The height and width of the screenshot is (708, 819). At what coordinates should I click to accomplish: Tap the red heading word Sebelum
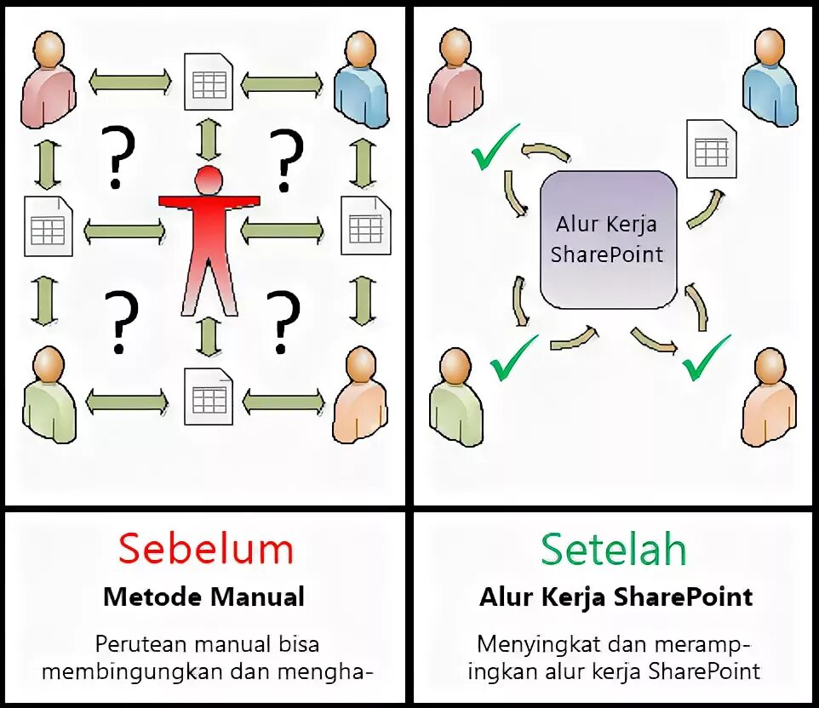coord(205,549)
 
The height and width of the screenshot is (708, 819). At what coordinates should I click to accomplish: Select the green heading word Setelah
coord(613,550)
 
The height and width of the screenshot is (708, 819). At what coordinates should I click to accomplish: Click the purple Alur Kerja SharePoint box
coord(609,239)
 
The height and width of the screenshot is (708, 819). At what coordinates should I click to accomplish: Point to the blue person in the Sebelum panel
coord(361,83)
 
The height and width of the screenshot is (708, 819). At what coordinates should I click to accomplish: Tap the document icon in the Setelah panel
coord(711,149)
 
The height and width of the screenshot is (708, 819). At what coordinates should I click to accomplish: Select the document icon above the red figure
coord(209,83)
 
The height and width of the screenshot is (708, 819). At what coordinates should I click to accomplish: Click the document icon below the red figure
coord(209,396)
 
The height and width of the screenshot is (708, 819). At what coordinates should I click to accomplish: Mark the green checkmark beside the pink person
coord(495,146)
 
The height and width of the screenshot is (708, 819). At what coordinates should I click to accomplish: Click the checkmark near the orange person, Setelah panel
coord(707,356)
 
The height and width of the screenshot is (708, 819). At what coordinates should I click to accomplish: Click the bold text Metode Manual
coord(203,597)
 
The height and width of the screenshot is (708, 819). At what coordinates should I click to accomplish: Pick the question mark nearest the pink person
coord(118,157)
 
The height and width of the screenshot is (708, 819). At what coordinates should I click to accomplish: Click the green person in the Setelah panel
coord(458,400)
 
